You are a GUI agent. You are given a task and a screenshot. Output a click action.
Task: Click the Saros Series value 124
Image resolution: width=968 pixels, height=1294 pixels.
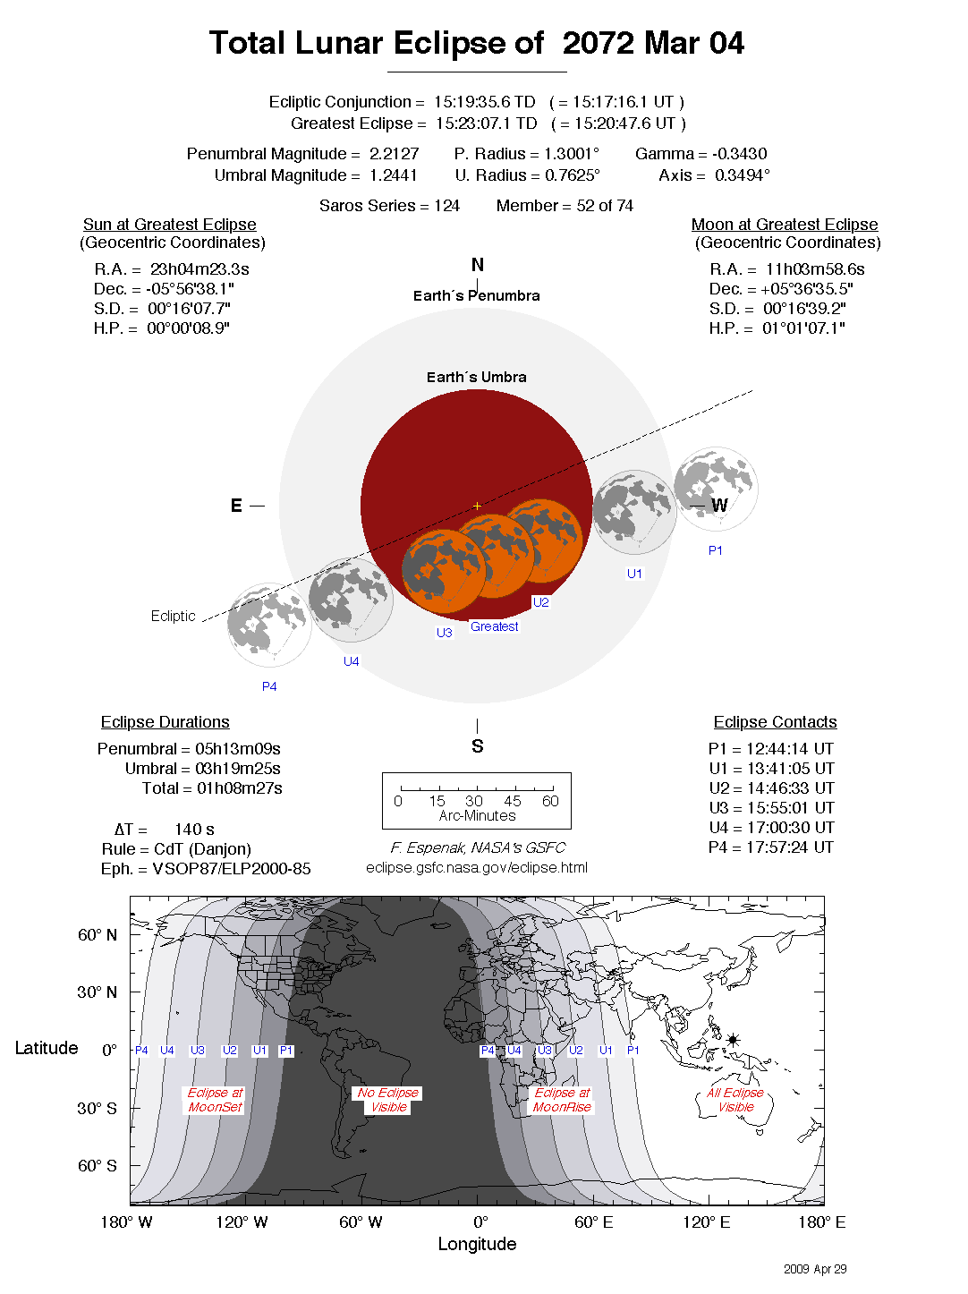coord(446,206)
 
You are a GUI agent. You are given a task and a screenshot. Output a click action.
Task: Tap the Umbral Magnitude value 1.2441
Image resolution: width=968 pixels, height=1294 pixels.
coord(395,175)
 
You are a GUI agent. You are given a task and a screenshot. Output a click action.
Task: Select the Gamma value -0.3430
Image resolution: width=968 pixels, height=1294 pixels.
coord(739,154)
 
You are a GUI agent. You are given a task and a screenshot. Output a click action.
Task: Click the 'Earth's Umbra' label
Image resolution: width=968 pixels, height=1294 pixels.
coord(476,378)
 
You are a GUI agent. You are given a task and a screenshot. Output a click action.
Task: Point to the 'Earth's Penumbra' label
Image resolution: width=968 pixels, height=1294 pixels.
coord(476,296)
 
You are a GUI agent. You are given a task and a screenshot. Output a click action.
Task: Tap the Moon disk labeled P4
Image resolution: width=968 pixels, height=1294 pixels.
coord(269,625)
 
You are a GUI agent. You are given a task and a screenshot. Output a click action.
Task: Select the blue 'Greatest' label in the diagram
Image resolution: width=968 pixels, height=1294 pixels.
coord(494,626)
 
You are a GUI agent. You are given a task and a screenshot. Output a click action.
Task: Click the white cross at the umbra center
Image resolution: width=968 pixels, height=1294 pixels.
coord(477,507)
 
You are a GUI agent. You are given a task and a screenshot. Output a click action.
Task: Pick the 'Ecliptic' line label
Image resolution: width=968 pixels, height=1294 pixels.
coord(173,617)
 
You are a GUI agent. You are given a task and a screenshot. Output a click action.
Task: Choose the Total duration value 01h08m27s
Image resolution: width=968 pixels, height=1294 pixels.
coord(240,788)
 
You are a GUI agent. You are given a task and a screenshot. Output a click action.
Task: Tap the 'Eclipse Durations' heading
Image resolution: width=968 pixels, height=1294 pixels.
coord(165,722)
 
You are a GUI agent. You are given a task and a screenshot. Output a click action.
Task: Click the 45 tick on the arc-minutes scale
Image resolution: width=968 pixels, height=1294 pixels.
coord(512,801)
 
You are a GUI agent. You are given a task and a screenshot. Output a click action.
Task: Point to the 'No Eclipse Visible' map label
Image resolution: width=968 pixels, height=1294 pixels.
coord(387,1100)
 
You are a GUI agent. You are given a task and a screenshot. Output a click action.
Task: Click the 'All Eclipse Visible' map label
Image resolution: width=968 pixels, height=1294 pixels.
coord(735,1100)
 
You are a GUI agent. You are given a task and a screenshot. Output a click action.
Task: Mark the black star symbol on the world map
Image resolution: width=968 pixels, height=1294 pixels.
coord(733,1040)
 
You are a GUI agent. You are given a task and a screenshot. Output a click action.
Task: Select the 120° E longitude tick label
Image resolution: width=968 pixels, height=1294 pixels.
coord(706,1222)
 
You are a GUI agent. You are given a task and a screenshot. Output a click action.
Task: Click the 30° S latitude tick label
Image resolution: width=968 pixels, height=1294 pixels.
coord(97,1108)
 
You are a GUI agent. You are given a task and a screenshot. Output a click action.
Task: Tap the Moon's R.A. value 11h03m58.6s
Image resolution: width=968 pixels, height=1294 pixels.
coord(815,269)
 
